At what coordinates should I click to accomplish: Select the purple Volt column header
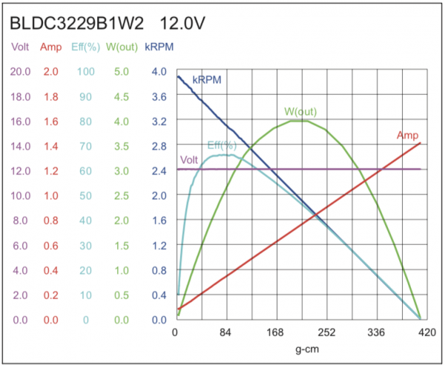click(x=20, y=48)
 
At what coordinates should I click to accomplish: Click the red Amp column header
click(x=51, y=48)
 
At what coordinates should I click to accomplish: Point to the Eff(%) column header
click(x=85, y=48)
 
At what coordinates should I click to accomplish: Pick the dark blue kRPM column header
click(x=159, y=48)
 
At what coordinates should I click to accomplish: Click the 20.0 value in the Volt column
click(x=20, y=71)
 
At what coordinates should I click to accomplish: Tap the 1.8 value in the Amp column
click(x=51, y=96)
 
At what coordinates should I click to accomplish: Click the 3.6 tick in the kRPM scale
click(x=159, y=96)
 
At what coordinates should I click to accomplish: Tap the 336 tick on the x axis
click(x=377, y=332)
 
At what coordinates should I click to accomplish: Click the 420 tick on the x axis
click(x=426, y=332)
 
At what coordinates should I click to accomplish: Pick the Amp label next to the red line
click(x=407, y=134)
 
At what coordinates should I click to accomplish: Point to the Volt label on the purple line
click(x=189, y=160)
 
